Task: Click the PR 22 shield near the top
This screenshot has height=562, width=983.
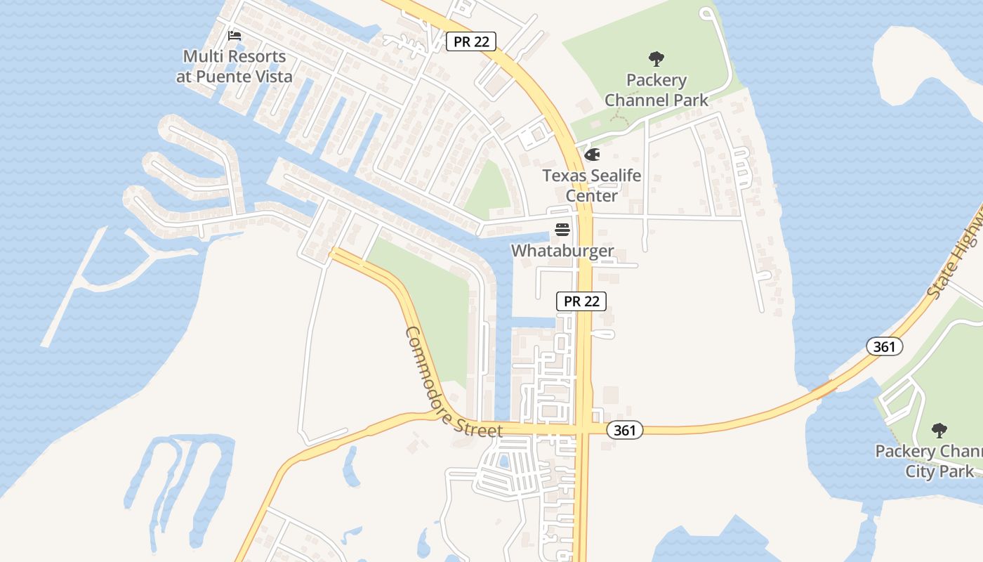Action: pyautogui.click(x=471, y=41)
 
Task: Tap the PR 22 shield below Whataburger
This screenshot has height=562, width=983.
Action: pyautogui.click(x=581, y=301)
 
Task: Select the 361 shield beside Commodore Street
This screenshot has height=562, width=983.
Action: pyautogui.click(x=624, y=430)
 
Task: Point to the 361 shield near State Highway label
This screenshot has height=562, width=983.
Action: pyautogui.click(x=884, y=346)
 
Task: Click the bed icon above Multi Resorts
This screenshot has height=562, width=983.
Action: pyautogui.click(x=235, y=35)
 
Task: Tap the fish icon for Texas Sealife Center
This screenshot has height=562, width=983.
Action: pyautogui.click(x=591, y=155)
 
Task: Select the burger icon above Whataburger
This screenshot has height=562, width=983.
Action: pyautogui.click(x=562, y=230)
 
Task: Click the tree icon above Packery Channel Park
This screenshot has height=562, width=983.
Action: pyautogui.click(x=657, y=58)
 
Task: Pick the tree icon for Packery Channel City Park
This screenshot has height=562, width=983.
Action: pyautogui.click(x=939, y=430)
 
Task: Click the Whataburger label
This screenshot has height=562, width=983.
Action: pyautogui.click(x=562, y=251)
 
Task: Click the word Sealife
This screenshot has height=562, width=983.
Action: pyautogui.click(x=613, y=176)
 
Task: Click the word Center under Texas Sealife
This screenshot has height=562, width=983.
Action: pyautogui.click(x=591, y=195)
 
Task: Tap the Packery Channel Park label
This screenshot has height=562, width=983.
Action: pyautogui.click(x=657, y=90)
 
